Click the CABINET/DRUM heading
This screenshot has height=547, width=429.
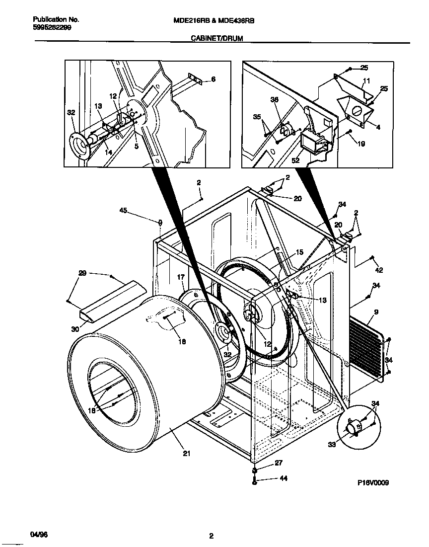point(217,38)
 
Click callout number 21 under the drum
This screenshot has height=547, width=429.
point(186,453)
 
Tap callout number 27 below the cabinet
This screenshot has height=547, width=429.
point(278,463)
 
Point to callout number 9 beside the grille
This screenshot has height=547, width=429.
point(376,313)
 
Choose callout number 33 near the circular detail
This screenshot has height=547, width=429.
point(332,445)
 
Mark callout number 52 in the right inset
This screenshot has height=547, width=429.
point(296,160)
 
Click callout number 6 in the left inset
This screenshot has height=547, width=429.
point(213,79)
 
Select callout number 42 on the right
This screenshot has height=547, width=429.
point(379,270)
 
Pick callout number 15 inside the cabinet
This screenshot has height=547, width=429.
point(299,252)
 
